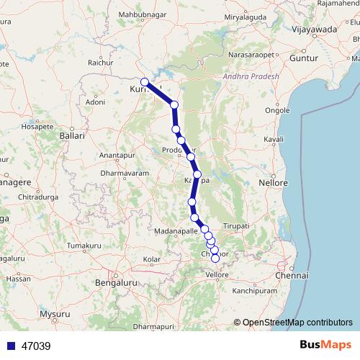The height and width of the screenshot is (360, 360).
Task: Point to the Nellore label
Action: [274, 183]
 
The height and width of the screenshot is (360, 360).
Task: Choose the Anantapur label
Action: [117, 156]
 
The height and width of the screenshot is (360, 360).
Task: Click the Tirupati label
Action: [235, 226]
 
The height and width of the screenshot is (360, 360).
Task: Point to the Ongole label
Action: [278, 110]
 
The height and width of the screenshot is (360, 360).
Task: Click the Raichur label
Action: [100, 63]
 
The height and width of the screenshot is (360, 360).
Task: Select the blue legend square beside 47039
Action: [11, 346]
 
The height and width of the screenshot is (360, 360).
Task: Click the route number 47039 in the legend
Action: [36, 346]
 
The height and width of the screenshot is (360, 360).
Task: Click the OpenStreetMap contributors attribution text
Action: [298, 322]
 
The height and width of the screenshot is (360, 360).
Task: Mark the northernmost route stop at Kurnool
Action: [145, 82]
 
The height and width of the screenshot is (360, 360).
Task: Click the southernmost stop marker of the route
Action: [215, 258]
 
